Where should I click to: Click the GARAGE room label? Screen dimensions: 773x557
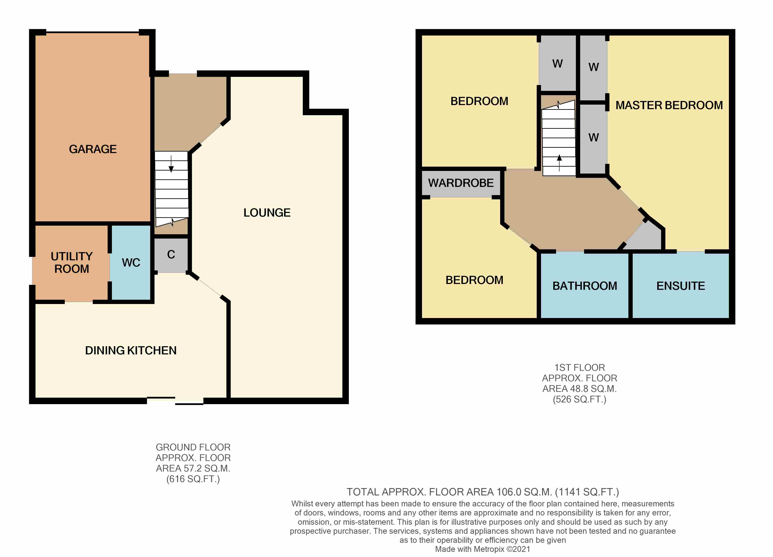click(x=93, y=149)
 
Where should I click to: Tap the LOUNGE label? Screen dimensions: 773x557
click(x=267, y=213)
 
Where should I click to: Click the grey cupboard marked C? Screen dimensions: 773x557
click(x=171, y=255)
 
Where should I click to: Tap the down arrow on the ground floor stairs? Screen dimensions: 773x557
click(x=171, y=164)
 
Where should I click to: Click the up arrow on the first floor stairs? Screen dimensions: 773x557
click(x=559, y=163)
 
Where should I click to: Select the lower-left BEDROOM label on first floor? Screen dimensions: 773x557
click(x=475, y=280)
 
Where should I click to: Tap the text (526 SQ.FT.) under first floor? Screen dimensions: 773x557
click(x=579, y=399)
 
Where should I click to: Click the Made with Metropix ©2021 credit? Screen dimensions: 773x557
click(x=483, y=549)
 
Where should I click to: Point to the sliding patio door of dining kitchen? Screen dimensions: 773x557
click(x=175, y=401)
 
